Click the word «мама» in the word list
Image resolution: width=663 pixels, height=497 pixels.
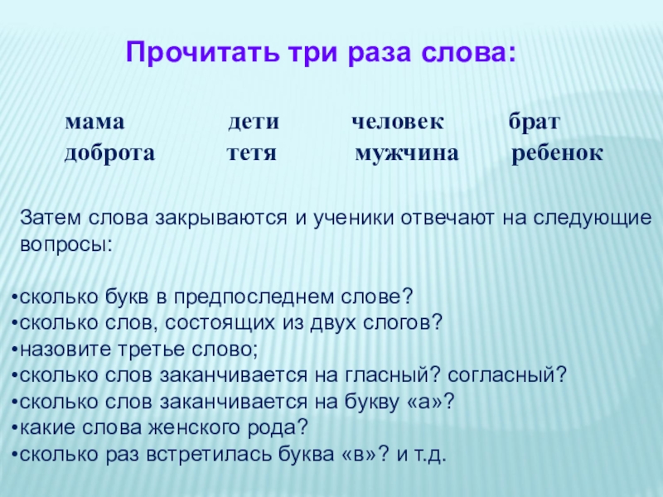coord(94,123)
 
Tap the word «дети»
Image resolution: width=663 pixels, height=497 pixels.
coord(254,123)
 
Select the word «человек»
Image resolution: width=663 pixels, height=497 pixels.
coord(398,123)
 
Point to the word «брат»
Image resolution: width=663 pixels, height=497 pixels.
coord(535,123)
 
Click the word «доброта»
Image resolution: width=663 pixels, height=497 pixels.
coord(109,154)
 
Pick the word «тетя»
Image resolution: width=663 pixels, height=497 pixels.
coord(250,154)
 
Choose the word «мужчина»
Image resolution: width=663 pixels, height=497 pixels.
coord(406,154)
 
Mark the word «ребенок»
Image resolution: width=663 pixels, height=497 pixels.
coord(558,154)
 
